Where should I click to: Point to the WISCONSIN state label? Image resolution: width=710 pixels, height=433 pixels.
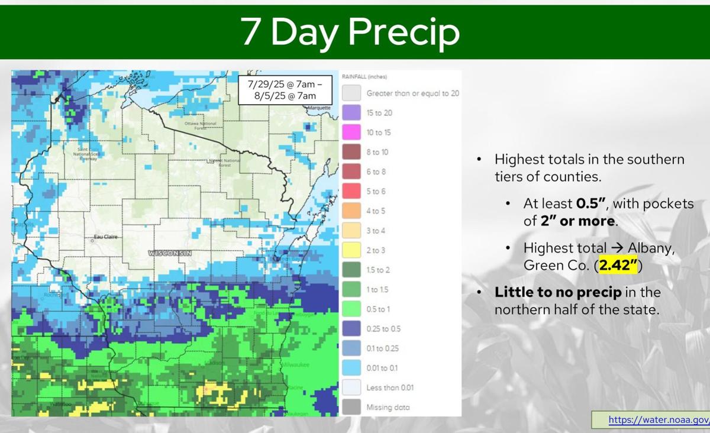(x=170, y=253)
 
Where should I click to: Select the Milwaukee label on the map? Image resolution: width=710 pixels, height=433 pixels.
(x=295, y=365)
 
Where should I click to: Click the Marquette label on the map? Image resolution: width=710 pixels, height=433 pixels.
(x=319, y=108)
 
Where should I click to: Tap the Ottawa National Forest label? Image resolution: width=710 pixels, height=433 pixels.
(x=201, y=125)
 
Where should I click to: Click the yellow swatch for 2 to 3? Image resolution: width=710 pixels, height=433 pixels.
(x=351, y=250)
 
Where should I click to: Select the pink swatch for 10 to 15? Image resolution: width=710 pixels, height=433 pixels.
(x=351, y=133)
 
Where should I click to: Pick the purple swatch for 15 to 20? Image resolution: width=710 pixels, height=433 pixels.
(x=351, y=112)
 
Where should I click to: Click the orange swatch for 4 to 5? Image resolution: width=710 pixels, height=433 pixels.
(x=351, y=211)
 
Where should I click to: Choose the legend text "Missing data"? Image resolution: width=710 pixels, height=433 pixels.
(x=388, y=408)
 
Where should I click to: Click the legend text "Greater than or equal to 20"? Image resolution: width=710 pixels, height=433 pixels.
(x=412, y=93)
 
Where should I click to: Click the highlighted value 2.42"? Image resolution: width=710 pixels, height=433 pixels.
(x=618, y=266)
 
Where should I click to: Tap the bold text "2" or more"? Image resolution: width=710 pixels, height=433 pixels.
(x=577, y=221)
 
